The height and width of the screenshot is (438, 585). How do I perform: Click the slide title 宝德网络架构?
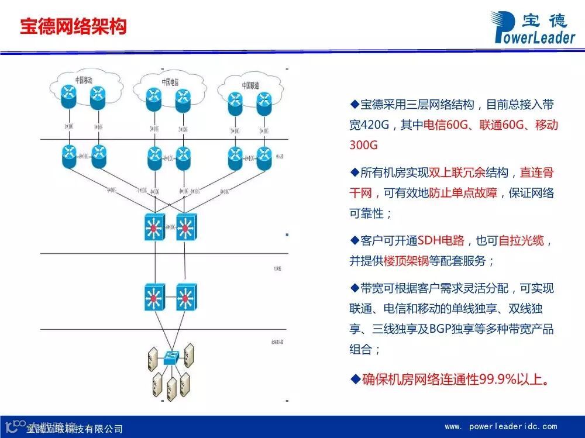click(x=73, y=26)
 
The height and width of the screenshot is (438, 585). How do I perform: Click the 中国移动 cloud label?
click(x=84, y=80)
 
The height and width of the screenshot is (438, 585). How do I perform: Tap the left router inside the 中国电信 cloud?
click(x=154, y=99)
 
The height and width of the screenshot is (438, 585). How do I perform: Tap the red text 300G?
click(x=364, y=144)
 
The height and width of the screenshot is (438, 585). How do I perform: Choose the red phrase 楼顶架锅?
click(x=406, y=261)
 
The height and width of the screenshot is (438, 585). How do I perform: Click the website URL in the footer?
click(x=501, y=426)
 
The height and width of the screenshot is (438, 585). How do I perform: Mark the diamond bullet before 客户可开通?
click(x=354, y=240)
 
